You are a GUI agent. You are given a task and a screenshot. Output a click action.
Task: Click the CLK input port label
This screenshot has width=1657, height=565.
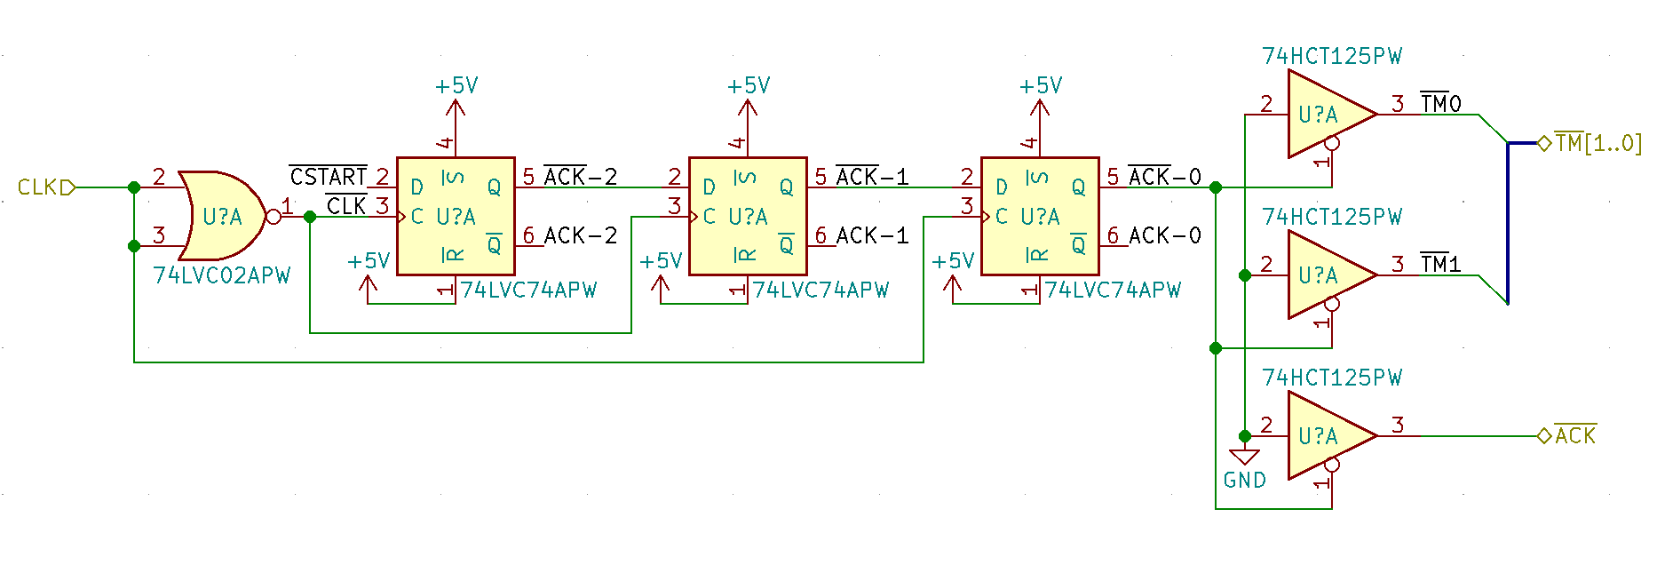point(38,187)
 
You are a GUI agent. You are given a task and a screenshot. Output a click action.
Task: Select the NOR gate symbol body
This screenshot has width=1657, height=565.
point(222,216)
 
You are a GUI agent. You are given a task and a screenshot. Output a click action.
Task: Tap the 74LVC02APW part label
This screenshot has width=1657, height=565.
point(222,276)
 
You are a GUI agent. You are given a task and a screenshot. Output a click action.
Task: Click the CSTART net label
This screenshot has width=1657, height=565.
point(329,176)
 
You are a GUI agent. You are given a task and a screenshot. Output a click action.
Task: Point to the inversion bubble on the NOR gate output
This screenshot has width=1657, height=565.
point(274,217)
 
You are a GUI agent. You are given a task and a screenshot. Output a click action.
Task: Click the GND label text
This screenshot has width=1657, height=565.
point(1245,481)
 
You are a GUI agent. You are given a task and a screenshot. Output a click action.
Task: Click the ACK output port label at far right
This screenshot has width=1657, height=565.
point(1575,435)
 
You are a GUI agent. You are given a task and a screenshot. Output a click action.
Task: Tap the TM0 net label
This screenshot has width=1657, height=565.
point(1441,104)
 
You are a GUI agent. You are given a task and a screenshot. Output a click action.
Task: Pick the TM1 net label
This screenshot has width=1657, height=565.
point(1441,265)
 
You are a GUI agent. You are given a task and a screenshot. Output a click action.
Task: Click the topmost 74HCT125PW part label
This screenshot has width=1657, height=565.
point(1332,57)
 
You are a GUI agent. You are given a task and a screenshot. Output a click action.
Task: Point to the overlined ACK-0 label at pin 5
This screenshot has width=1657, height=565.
point(1165,177)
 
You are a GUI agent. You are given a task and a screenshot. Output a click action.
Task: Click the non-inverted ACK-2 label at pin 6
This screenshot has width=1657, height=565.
point(581,235)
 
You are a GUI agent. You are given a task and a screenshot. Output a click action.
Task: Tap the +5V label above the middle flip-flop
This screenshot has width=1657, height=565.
point(749,85)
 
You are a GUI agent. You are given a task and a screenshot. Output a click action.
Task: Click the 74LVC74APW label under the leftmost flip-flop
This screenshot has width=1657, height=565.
point(529,290)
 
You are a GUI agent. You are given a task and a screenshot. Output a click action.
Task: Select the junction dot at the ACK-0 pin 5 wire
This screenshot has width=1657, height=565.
point(1216,187)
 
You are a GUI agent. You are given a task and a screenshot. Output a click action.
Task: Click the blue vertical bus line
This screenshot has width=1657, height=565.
point(1508,222)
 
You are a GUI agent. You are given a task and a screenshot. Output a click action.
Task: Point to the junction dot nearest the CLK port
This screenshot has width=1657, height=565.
point(134,187)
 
